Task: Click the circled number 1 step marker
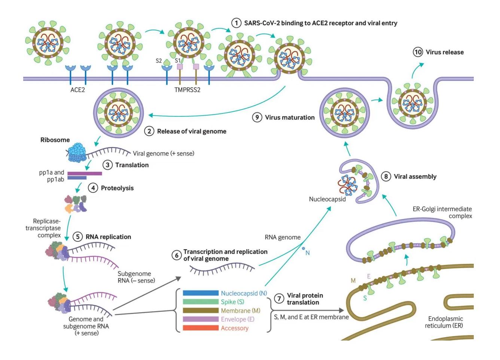236,23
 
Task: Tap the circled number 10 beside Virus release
418,52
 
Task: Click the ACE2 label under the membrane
77,90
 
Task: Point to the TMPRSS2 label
187,90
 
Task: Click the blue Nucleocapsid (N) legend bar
201,293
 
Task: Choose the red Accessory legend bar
201,328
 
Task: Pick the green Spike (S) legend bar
201,302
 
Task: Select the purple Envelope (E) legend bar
201,319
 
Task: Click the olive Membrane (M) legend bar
201,310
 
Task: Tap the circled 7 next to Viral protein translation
279,299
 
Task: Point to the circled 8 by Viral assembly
386,176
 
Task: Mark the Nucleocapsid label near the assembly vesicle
327,199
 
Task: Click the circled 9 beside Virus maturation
257,117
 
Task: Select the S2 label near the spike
159,61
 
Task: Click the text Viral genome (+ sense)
164,153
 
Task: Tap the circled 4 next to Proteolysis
93,188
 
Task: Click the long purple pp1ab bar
85,173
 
